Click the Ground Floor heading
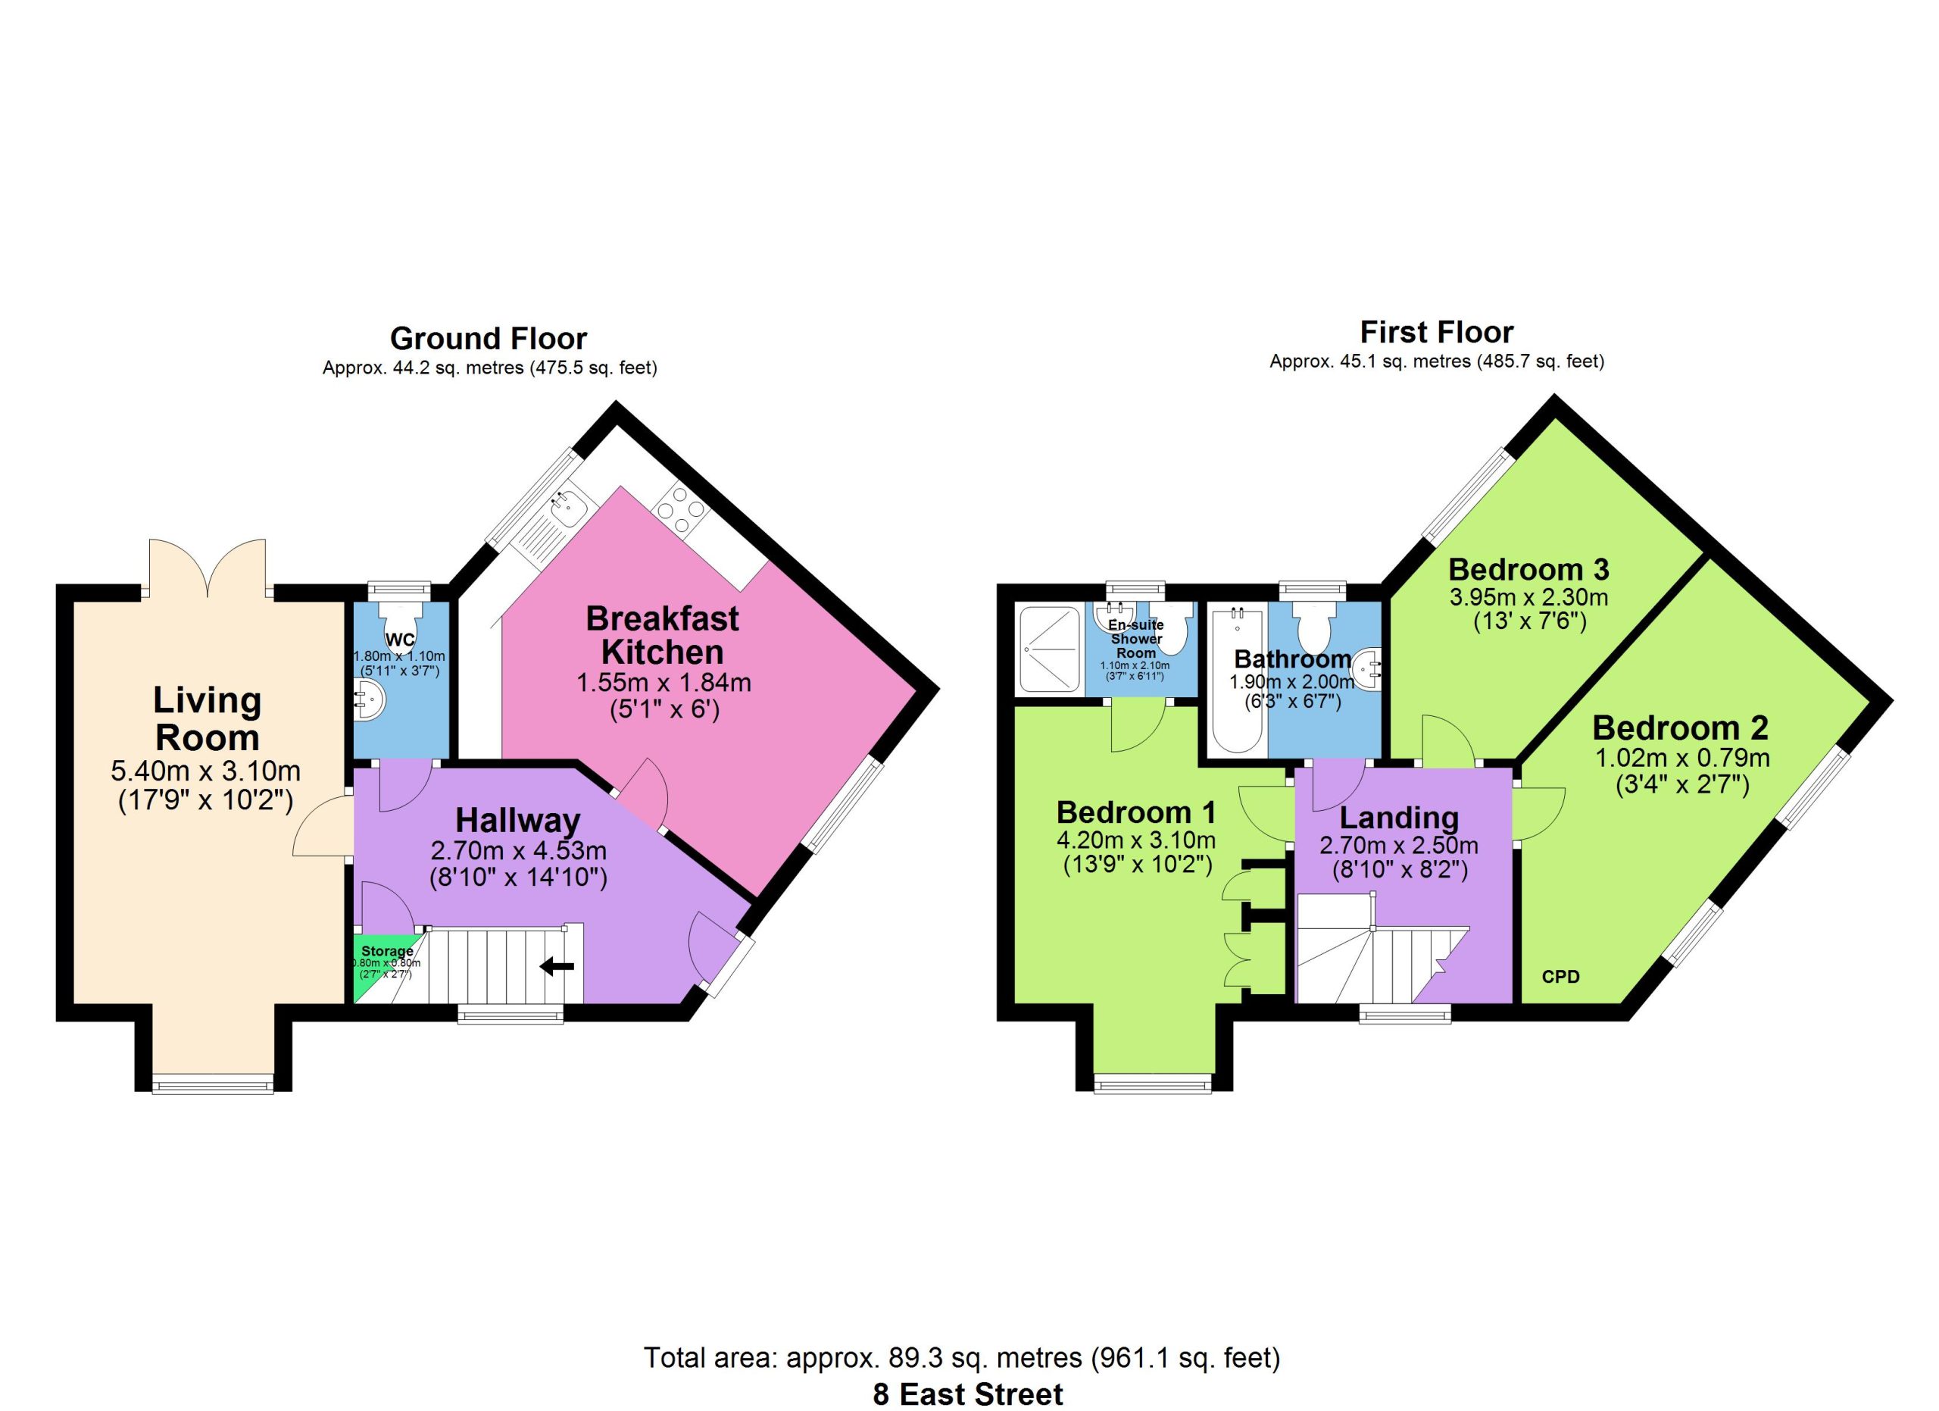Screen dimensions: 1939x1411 [x=489, y=339]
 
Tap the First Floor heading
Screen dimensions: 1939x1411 [x=1436, y=332]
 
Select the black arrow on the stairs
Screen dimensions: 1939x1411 [x=557, y=966]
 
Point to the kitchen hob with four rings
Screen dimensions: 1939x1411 [x=682, y=510]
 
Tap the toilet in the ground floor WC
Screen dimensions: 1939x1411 [x=400, y=624]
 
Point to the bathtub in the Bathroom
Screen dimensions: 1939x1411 [x=1237, y=680]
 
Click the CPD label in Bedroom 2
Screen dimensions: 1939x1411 [x=1560, y=977]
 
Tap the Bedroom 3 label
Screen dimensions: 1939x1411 [x=1528, y=568]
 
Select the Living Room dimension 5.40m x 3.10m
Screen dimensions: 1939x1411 [x=206, y=771]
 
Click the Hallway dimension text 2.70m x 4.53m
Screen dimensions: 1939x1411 [x=518, y=850]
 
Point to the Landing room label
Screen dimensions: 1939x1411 [x=1399, y=818]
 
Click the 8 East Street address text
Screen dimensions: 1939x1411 [x=968, y=1394]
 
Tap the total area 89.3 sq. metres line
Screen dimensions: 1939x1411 [x=962, y=1357]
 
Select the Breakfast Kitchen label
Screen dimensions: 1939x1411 [x=663, y=634]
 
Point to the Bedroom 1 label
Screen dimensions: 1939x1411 [x=1135, y=812]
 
